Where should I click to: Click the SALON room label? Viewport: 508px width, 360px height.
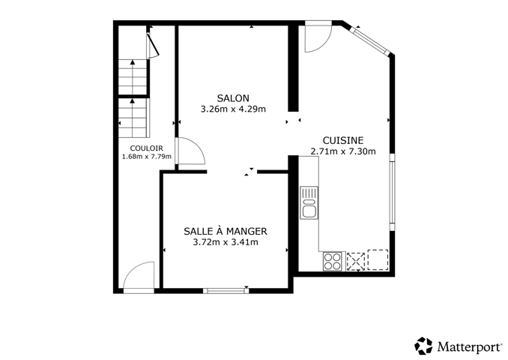pos(233,98)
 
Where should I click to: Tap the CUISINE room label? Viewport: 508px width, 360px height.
pos(343,140)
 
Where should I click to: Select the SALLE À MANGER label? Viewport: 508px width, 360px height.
pos(226,231)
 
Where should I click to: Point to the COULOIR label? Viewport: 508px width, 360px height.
pos(146,148)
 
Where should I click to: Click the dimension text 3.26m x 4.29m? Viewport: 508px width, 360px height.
pos(233,109)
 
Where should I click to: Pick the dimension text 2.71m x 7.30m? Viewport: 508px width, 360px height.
pos(343,151)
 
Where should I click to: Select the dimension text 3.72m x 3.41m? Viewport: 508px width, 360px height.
pos(226,242)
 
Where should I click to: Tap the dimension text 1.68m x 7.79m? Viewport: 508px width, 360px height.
pos(146,157)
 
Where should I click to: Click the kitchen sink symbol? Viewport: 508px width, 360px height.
pos(309,202)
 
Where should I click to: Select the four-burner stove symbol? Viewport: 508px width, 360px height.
pos(333,261)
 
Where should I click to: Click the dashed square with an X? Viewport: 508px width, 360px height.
pos(356,262)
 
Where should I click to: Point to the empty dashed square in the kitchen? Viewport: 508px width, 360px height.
pos(378,259)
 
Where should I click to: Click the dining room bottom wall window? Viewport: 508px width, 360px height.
pos(226,290)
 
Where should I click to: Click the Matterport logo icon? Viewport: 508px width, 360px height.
pos(424,346)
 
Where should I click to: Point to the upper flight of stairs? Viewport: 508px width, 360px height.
pos(133,77)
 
